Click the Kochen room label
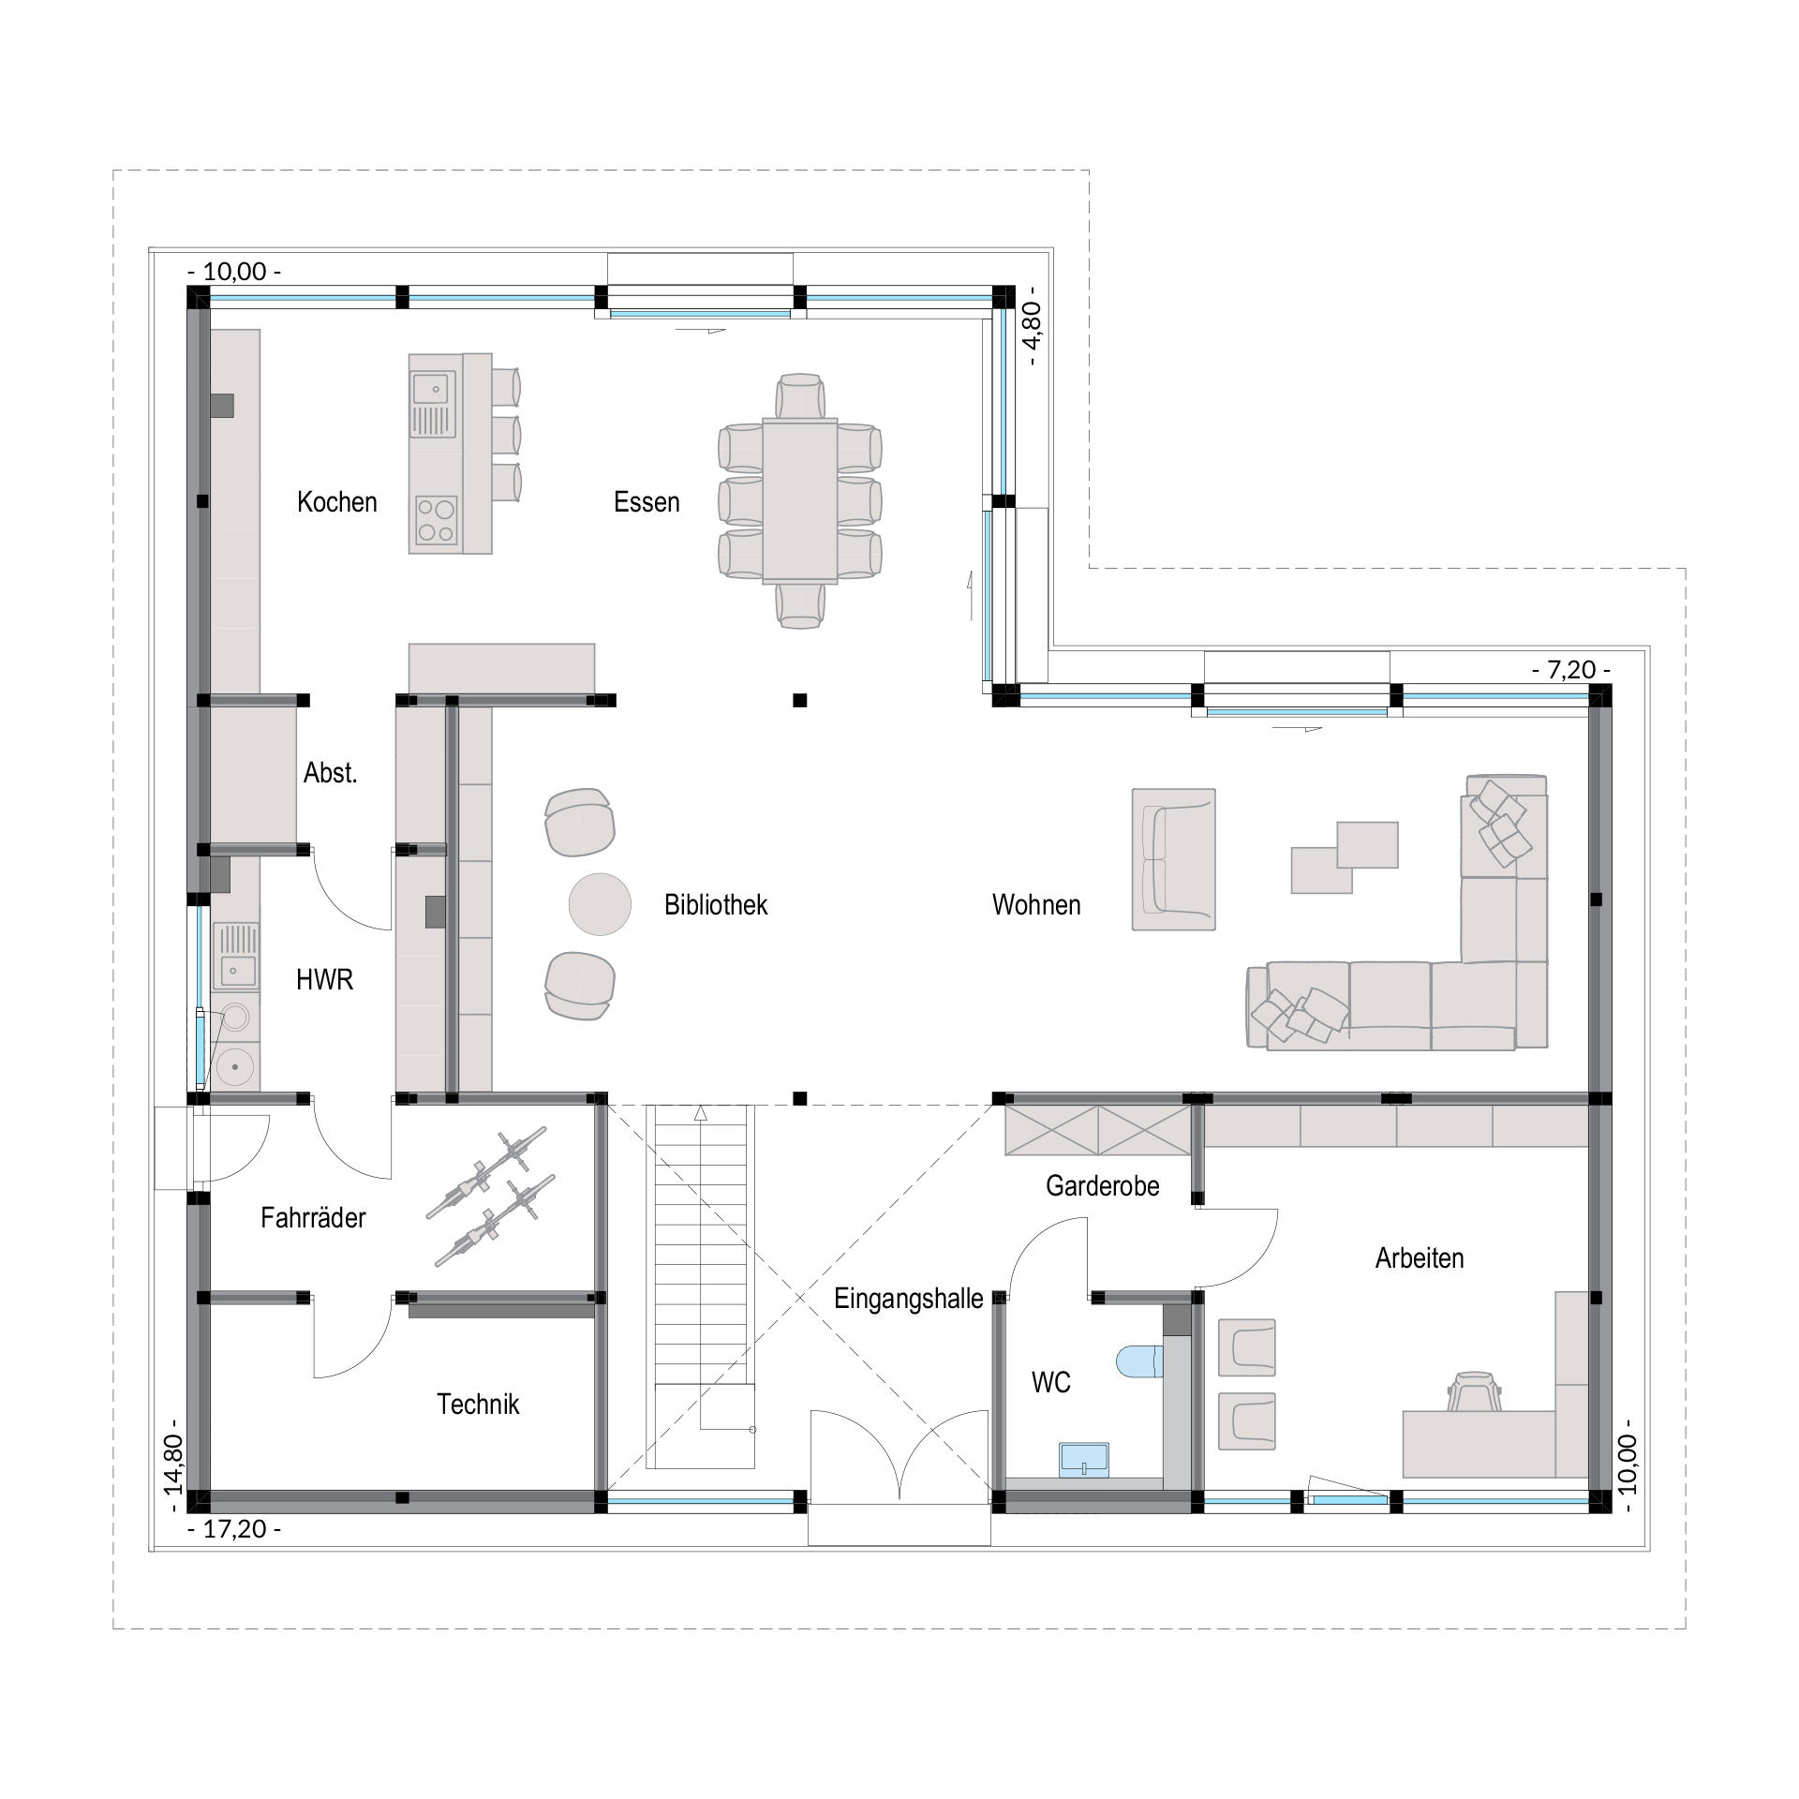click(336, 502)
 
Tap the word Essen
click(647, 502)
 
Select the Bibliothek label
click(716, 905)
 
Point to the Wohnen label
click(1036, 905)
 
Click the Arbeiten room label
click(1420, 1258)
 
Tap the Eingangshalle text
click(909, 1300)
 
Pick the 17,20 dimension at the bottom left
click(234, 1530)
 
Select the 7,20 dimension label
click(1571, 670)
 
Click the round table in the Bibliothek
click(600, 904)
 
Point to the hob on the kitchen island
click(437, 520)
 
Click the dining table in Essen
click(800, 500)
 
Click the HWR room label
click(324, 980)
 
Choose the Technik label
click(478, 1405)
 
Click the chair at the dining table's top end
click(800, 395)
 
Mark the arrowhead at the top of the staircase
click(700, 1113)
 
